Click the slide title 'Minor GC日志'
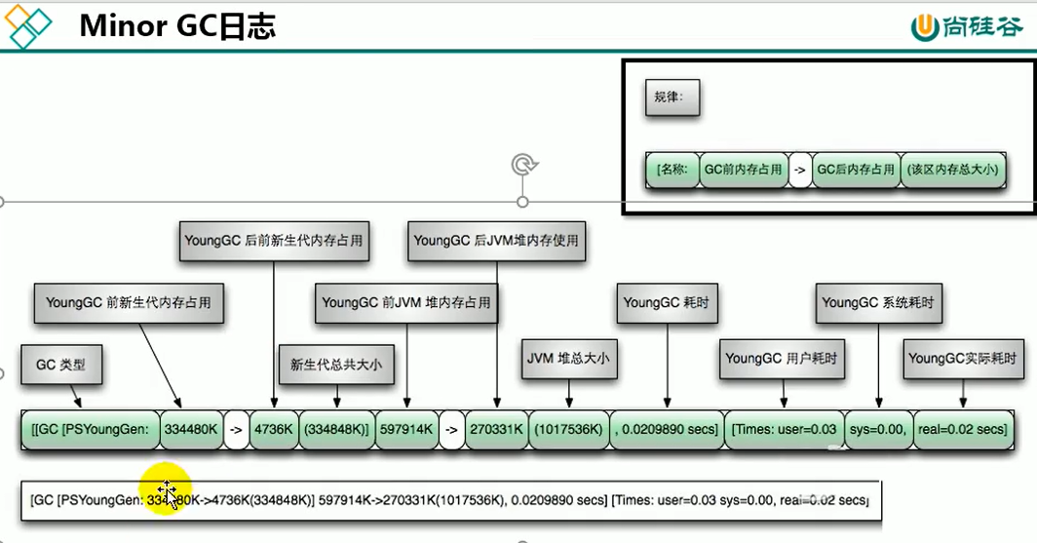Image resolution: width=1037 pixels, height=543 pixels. click(177, 26)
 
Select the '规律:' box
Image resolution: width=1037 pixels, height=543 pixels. click(672, 97)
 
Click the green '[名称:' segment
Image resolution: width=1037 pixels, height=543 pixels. click(672, 169)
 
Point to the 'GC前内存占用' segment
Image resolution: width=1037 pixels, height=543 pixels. click(745, 169)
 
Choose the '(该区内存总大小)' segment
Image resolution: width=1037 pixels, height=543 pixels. click(954, 169)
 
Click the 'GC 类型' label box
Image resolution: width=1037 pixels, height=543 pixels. click(61, 365)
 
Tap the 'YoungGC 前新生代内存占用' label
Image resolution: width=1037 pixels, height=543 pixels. click(129, 303)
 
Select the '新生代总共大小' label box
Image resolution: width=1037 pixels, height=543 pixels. click(336, 365)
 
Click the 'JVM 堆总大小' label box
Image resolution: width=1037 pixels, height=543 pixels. click(567, 358)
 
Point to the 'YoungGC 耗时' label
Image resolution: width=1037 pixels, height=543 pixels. click(669, 303)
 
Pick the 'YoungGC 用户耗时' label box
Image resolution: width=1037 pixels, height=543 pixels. click(782, 358)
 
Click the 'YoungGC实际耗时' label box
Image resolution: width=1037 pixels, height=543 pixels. click(964, 358)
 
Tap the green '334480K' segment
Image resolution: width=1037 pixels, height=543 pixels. click(191, 428)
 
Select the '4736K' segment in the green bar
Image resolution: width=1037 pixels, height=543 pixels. click(274, 428)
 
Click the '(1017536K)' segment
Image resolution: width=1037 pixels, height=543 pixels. click(568, 428)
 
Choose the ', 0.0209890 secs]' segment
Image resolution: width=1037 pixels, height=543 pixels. click(667, 428)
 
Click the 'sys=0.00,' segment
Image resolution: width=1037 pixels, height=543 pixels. click(878, 428)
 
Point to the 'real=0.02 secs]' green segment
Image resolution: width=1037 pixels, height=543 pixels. click(963, 428)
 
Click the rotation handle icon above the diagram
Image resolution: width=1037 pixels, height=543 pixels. click(524, 165)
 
